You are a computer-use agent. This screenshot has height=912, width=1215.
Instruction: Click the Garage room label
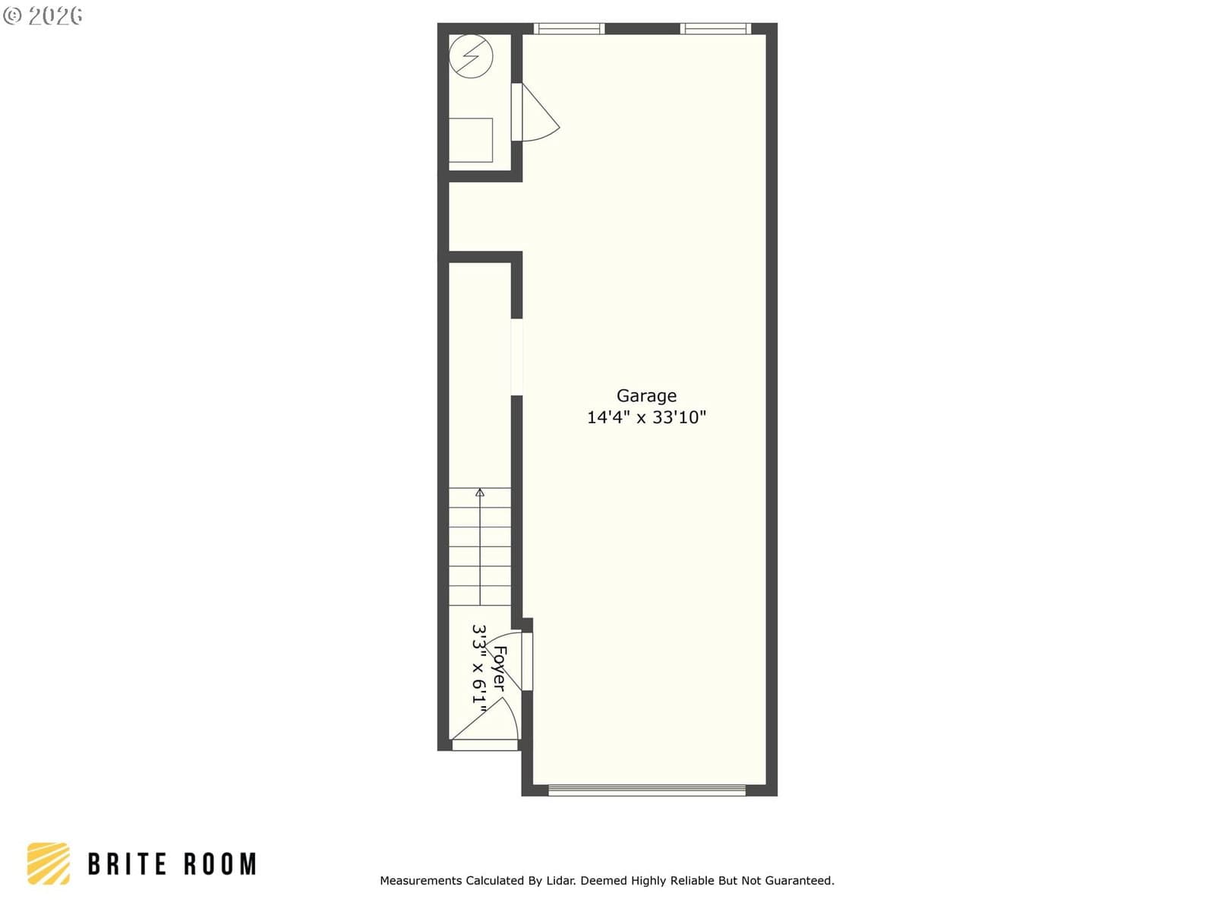tap(646, 396)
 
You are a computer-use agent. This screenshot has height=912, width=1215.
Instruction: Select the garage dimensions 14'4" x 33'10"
tap(646, 417)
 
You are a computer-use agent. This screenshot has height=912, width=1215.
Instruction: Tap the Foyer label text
tap(500, 668)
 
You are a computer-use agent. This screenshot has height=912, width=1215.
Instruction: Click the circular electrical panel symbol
tap(471, 56)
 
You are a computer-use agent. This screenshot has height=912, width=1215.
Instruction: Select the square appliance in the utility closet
tap(471, 140)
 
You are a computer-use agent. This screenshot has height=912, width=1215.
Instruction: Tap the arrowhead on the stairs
tap(480, 492)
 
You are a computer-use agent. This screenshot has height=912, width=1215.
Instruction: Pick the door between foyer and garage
tap(510, 661)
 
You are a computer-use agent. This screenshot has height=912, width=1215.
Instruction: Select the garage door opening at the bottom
tap(647, 790)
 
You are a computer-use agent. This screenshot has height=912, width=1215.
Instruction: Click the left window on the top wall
tap(569, 29)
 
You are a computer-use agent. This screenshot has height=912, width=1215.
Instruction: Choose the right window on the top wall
tap(715, 29)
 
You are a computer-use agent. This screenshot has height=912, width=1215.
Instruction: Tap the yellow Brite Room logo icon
tap(49, 863)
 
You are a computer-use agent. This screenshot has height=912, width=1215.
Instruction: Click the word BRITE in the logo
tap(128, 864)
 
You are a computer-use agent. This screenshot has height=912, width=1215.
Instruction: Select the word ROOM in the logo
tap(220, 864)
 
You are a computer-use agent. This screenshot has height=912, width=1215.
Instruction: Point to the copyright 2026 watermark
tap(43, 16)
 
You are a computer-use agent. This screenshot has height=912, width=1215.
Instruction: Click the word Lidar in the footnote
tap(560, 880)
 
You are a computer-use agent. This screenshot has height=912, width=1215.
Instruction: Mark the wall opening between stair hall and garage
tap(516, 357)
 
